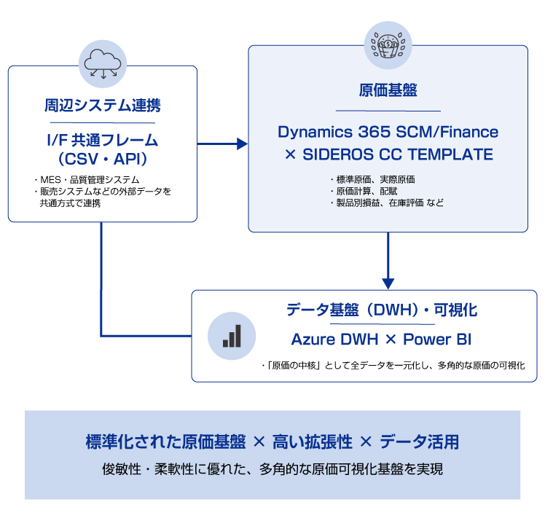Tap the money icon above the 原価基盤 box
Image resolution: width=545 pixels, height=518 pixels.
[x=387, y=44]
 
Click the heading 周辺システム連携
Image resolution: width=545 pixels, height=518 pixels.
[x=102, y=105]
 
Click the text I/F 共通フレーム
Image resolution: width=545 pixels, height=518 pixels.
[x=102, y=139]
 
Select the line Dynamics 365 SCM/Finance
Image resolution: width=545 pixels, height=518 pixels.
[x=388, y=132]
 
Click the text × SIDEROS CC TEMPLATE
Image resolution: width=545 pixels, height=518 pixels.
[x=388, y=154]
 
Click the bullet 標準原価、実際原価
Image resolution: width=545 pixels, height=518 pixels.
[x=372, y=179]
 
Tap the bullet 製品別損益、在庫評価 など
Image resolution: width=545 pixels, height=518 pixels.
[x=386, y=203]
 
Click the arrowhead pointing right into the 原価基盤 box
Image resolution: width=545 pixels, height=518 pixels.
[x=242, y=144]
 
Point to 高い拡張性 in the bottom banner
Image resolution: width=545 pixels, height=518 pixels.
[x=313, y=442]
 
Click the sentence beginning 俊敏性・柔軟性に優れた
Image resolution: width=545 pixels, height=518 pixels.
[x=272, y=469]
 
